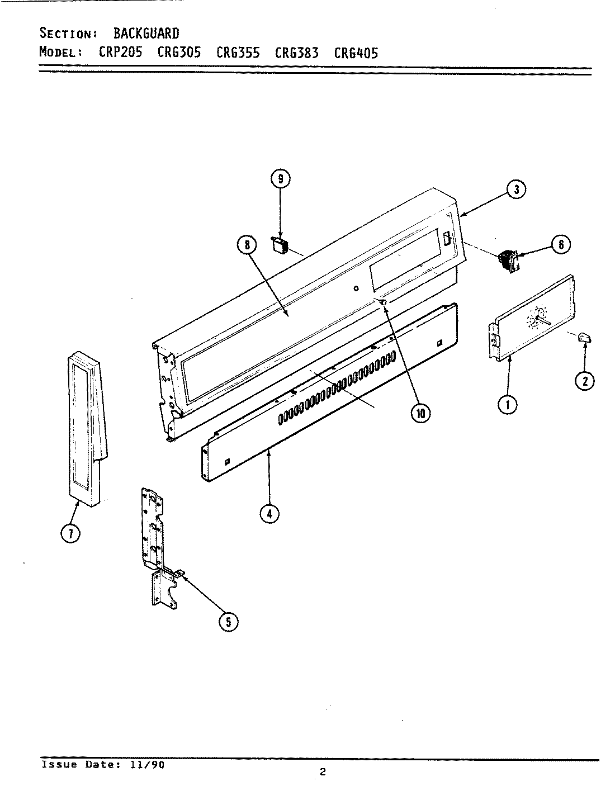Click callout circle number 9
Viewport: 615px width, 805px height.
click(x=281, y=179)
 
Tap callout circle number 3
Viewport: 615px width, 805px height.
click(x=517, y=190)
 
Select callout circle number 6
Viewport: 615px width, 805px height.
click(x=561, y=244)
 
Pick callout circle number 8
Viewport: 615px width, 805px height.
click(x=247, y=244)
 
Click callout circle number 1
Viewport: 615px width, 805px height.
click(x=508, y=405)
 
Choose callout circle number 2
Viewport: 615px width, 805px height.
click(x=585, y=381)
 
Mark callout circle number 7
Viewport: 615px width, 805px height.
click(x=70, y=534)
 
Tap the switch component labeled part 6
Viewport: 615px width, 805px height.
click(x=508, y=262)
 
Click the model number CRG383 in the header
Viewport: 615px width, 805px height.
click(x=297, y=53)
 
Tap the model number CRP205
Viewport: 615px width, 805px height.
click(x=121, y=53)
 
